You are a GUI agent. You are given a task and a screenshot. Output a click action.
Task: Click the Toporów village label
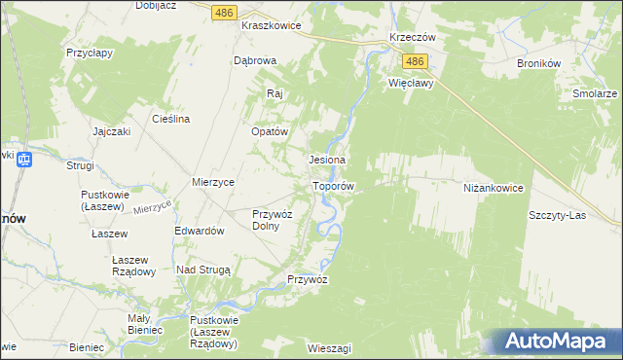pos(333,185)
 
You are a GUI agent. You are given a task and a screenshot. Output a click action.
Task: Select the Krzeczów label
pos(412,36)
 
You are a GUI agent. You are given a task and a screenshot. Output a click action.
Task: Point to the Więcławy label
pos(410,84)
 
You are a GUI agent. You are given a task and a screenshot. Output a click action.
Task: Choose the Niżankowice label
pos(495,189)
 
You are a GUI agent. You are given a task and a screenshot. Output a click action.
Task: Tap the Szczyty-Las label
pos(561,215)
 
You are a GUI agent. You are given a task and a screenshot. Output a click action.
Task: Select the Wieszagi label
pos(328,347)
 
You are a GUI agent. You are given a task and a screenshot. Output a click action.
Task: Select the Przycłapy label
pos(90,54)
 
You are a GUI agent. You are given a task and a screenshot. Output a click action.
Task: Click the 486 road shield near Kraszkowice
pos(225,10)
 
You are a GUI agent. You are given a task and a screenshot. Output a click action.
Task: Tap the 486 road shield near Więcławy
pos(416,60)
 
